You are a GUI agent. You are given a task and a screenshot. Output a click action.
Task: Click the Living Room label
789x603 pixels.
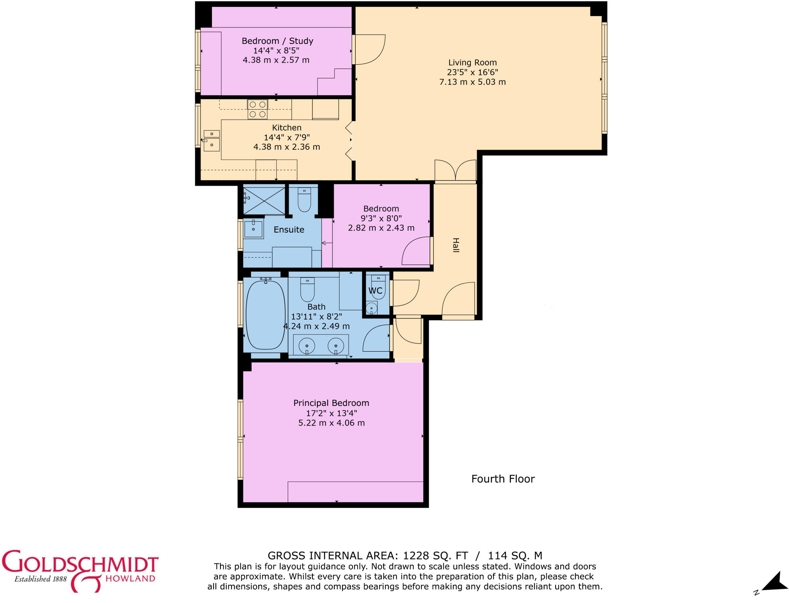[472, 62]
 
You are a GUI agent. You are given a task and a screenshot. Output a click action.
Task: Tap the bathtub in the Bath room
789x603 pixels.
[265, 315]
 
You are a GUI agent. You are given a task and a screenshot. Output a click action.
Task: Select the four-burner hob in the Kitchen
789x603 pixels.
[257, 109]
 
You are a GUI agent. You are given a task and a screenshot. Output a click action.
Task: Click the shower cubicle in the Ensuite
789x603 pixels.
[264, 199]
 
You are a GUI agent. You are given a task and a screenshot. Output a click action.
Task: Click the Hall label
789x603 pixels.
[456, 245]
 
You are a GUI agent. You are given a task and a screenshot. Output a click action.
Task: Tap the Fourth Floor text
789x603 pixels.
[503, 479]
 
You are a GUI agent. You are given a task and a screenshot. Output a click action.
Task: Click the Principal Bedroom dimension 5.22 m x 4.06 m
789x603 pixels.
[331, 423]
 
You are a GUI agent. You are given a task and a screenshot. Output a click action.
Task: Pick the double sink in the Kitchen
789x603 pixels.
[212, 139]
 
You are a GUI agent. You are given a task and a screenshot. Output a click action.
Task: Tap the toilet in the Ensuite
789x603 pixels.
[304, 199]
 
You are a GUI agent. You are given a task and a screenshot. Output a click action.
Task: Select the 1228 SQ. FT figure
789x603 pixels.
[435, 556]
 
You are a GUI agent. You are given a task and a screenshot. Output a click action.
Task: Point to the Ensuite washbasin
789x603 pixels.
[253, 229]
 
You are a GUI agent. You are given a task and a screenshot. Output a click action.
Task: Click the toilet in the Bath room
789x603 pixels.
[307, 290]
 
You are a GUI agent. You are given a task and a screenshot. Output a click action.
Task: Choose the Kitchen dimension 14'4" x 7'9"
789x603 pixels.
[287, 137]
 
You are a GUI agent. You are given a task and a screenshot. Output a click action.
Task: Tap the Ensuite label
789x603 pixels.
[289, 229]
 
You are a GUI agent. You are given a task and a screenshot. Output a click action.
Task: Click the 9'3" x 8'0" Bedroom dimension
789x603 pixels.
[381, 218]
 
